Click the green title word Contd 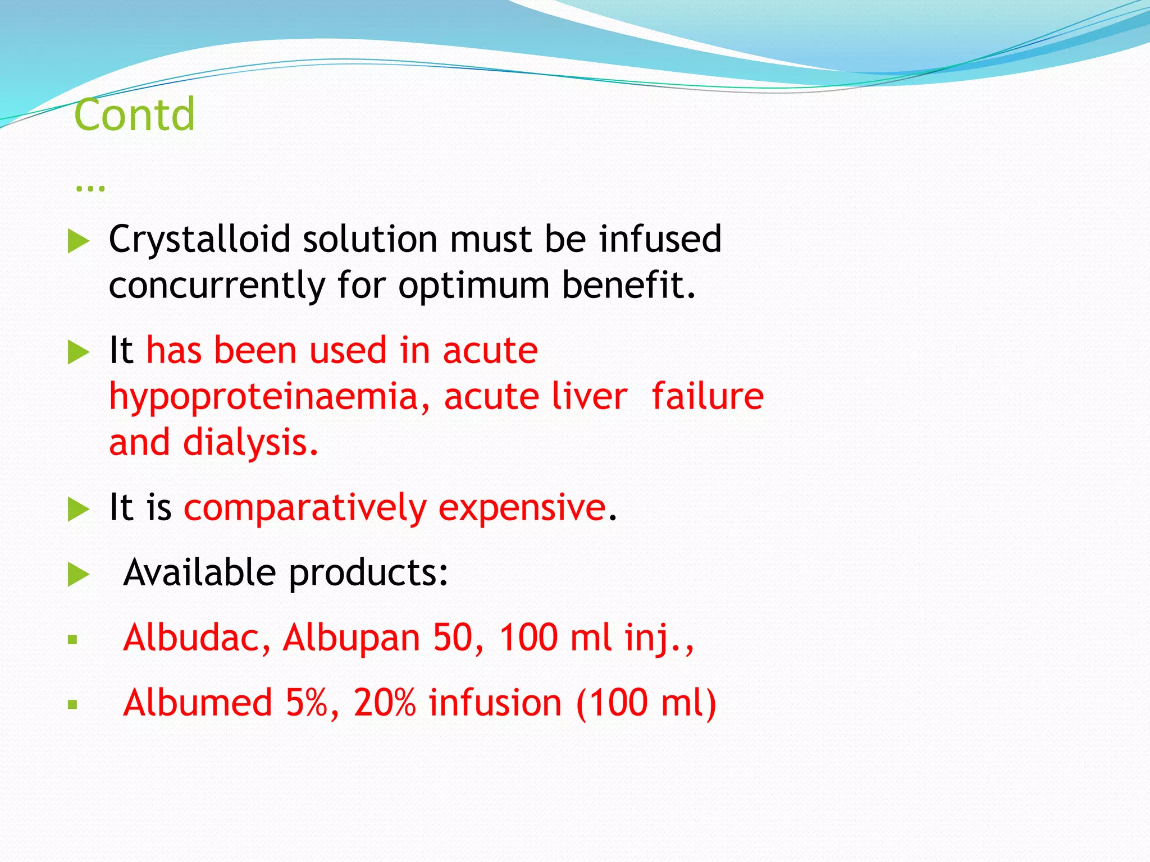point(134,115)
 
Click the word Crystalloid point(199,240)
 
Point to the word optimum point(473,286)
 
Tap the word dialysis point(250,443)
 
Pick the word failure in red point(708,396)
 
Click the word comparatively point(305,508)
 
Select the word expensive point(522,508)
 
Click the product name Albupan point(351,639)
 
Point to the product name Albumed point(198,703)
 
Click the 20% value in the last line point(385,703)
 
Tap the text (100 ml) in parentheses point(646,704)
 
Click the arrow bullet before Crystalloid point(78,242)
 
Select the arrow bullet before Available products point(78,575)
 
